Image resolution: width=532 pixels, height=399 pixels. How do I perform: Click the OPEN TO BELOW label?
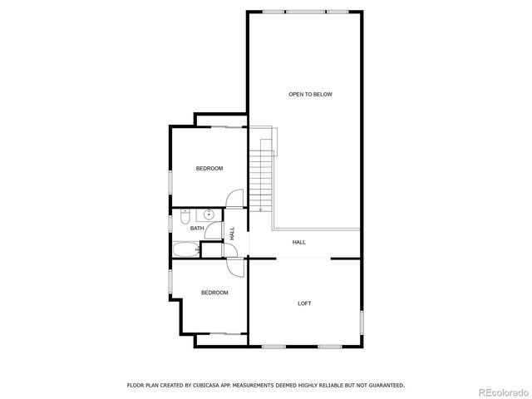310,95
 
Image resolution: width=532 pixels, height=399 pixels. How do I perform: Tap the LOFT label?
305,303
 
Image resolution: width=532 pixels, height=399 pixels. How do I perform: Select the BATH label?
197,229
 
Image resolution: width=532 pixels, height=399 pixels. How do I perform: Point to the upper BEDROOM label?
209,169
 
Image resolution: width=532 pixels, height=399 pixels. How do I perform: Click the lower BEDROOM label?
214,293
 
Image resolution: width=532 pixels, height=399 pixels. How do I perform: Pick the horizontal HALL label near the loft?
299,243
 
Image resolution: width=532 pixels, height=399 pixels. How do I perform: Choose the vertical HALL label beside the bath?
233,234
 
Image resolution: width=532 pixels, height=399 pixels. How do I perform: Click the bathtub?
185,249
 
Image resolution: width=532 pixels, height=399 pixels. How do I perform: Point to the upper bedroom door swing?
234,200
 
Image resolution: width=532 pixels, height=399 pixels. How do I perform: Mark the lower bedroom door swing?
234,268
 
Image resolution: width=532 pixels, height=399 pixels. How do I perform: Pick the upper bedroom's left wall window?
171,181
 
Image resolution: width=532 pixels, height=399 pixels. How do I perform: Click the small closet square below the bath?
212,249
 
